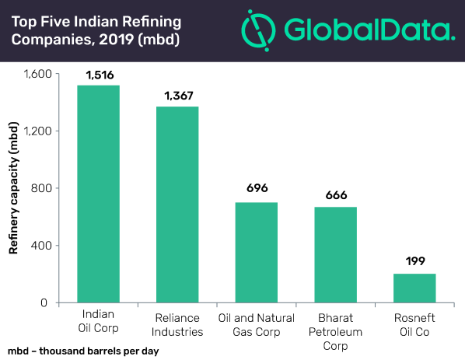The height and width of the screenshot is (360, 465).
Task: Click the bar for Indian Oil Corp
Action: [99, 194]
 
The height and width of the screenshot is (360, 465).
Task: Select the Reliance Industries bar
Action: [177, 204]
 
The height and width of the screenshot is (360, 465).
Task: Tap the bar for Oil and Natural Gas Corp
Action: [257, 253]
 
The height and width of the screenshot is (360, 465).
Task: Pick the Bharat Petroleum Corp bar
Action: [335, 255]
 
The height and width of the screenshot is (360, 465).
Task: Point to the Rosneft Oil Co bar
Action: [414, 288]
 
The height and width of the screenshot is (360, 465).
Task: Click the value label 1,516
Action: [100, 75]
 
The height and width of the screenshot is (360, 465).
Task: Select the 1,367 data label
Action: [179, 96]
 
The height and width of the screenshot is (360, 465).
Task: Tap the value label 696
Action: [257, 188]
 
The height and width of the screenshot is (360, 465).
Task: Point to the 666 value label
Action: [336, 195]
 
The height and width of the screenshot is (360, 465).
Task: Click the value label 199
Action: [415, 261]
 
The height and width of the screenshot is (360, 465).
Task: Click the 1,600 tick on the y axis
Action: [38, 74]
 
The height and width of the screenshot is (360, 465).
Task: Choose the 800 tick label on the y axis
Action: [41, 188]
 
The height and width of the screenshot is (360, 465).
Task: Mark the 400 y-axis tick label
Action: [41, 246]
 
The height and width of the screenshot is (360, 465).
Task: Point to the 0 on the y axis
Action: [44, 302]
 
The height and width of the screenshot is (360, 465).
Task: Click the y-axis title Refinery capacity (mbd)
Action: [13, 188]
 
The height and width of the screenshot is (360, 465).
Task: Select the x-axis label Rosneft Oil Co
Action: [414, 325]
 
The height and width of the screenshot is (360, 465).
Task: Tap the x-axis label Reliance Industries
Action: [177, 325]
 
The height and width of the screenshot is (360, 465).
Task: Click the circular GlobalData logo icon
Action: [259, 30]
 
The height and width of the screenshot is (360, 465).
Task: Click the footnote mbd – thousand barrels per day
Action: [83, 351]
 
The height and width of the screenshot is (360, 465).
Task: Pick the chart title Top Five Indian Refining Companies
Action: [96, 30]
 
